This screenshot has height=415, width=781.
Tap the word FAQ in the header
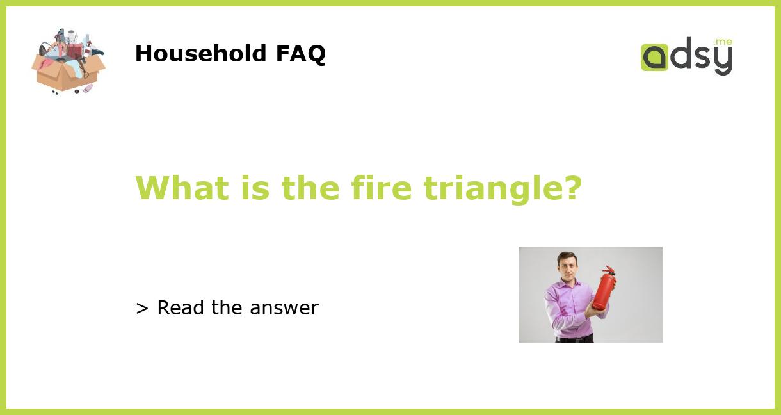pos(300,54)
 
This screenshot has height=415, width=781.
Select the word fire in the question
pos(382,188)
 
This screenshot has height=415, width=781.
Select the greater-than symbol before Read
pos(142,309)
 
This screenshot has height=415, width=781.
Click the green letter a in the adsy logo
pos(654,57)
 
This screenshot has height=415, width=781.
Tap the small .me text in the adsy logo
pos(723,42)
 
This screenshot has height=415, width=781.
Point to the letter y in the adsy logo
pos(722,61)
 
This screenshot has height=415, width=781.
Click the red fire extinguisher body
pos(603,292)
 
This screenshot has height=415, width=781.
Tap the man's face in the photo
pos(567,267)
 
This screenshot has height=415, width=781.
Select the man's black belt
pos(574,338)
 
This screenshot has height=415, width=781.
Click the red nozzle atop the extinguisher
pos(609,271)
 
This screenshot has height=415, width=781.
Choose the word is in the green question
pos(255,188)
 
